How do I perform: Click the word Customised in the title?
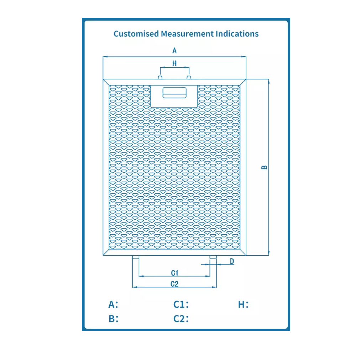click(x=136, y=34)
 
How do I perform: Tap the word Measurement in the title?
click(x=187, y=34)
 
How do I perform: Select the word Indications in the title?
click(x=237, y=34)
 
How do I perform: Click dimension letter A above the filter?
click(x=174, y=51)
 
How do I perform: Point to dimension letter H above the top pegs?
click(x=174, y=63)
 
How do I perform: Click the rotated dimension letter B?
click(x=264, y=167)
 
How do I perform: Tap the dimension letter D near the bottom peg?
click(x=232, y=261)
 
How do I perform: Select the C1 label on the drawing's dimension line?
click(x=174, y=273)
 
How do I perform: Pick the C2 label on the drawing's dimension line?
click(x=174, y=284)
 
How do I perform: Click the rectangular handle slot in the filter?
click(x=174, y=93)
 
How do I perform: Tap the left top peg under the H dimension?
click(x=160, y=77)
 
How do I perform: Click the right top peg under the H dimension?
click(x=189, y=77)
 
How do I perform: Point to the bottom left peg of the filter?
click(x=136, y=257)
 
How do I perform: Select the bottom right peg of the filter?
click(x=213, y=257)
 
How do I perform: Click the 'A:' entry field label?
click(x=113, y=304)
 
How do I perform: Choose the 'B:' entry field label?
click(x=114, y=319)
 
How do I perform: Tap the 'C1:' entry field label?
click(x=181, y=304)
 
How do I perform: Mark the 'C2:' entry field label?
click(x=181, y=319)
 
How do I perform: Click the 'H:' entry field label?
click(x=243, y=304)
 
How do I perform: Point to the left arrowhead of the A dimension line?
click(x=105, y=57)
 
